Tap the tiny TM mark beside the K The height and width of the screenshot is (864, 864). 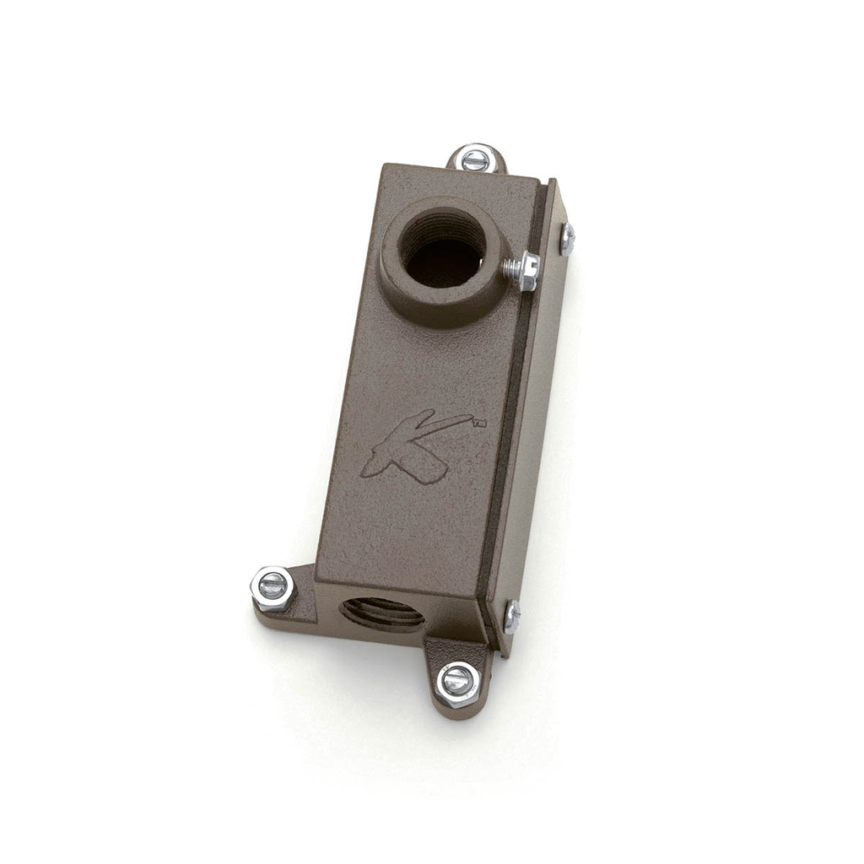coord(479,425)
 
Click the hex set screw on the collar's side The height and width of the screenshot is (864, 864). coord(527,270)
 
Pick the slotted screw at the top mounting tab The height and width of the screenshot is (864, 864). coord(476,159)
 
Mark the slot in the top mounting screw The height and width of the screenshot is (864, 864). coord(476,159)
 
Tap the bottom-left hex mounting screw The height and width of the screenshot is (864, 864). coord(273,587)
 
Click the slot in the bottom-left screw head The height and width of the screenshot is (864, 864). coord(273,586)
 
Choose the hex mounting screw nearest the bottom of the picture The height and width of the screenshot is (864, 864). coord(459,683)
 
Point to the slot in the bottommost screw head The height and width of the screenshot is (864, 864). coord(459,680)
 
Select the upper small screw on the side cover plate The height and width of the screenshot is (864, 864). coord(567,239)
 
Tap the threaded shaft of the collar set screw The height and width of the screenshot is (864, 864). coord(510,267)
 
